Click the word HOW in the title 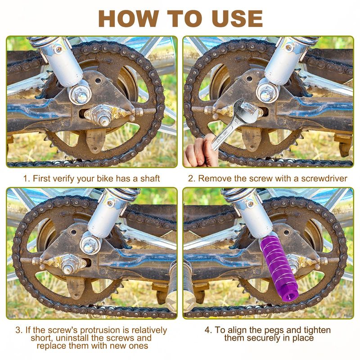pos(129,18)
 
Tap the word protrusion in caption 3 pos(100,330)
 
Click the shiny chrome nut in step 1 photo pos(80,94)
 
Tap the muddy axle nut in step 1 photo pos(103,115)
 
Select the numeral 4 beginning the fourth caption pos(208,330)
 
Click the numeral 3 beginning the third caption pos(18,330)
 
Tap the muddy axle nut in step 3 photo pos(67,264)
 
